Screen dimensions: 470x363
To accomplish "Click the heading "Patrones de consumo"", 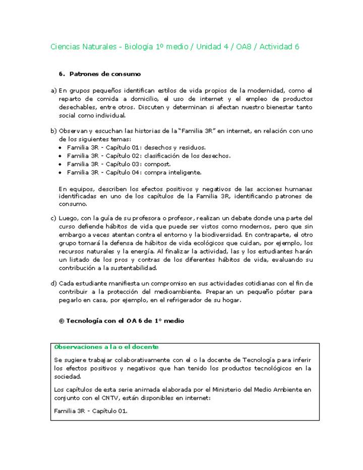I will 105,74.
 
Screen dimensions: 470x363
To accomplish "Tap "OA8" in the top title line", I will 239,47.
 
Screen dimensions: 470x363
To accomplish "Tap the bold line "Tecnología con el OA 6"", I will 121,321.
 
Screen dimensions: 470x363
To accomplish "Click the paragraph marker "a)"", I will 53,91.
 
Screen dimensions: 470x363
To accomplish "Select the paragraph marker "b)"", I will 53,131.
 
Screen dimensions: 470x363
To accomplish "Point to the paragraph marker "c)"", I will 53,218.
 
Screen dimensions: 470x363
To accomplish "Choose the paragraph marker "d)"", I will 53,283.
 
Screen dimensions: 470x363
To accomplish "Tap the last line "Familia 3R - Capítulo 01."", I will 91,410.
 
